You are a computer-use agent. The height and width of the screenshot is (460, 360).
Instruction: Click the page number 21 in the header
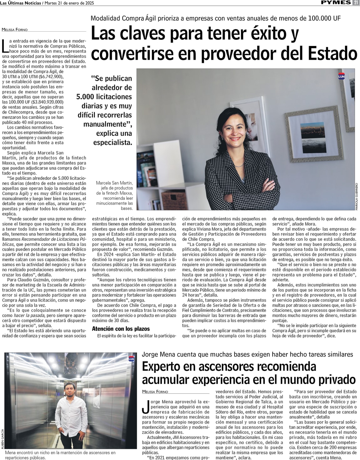point(356,3)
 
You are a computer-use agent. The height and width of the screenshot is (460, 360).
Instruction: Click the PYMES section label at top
point(336,3)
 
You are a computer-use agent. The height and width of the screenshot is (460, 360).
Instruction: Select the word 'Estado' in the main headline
point(332,53)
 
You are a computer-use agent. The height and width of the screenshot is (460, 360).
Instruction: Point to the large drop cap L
point(5,46)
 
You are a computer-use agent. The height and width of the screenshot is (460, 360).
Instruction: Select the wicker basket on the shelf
point(173,200)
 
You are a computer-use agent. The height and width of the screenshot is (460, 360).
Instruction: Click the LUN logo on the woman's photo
point(341,76)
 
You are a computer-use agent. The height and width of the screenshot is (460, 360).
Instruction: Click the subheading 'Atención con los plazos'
point(121,329)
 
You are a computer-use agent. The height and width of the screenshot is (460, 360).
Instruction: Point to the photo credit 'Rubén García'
point(2,439)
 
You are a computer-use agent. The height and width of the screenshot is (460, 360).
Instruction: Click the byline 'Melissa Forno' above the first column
point(15,30)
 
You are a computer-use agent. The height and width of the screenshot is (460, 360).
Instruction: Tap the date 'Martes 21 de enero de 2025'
point(69,3)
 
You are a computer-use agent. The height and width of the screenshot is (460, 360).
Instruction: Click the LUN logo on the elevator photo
point(131,359)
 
